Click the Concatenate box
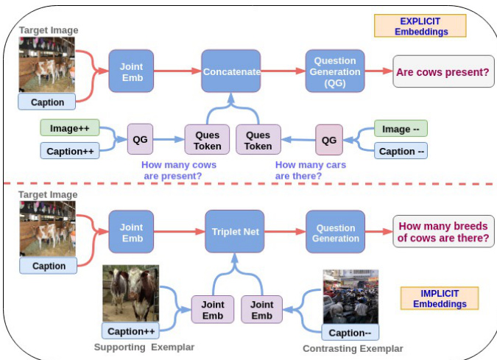click(231, 71)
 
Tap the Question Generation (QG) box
click(335, 71)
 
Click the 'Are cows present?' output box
click(443, 71)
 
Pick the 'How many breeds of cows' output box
click(443, 231)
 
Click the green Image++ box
click(69, 128)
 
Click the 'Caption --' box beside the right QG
click(401, 151)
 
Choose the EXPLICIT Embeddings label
click(420, 26)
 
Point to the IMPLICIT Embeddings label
click(440, 297)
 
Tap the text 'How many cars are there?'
click(310, 171)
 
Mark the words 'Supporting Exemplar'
click(144, 347)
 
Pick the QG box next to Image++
click(140, 139)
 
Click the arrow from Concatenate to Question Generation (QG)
click(283, 71)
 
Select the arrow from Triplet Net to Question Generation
click(283, 232)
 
